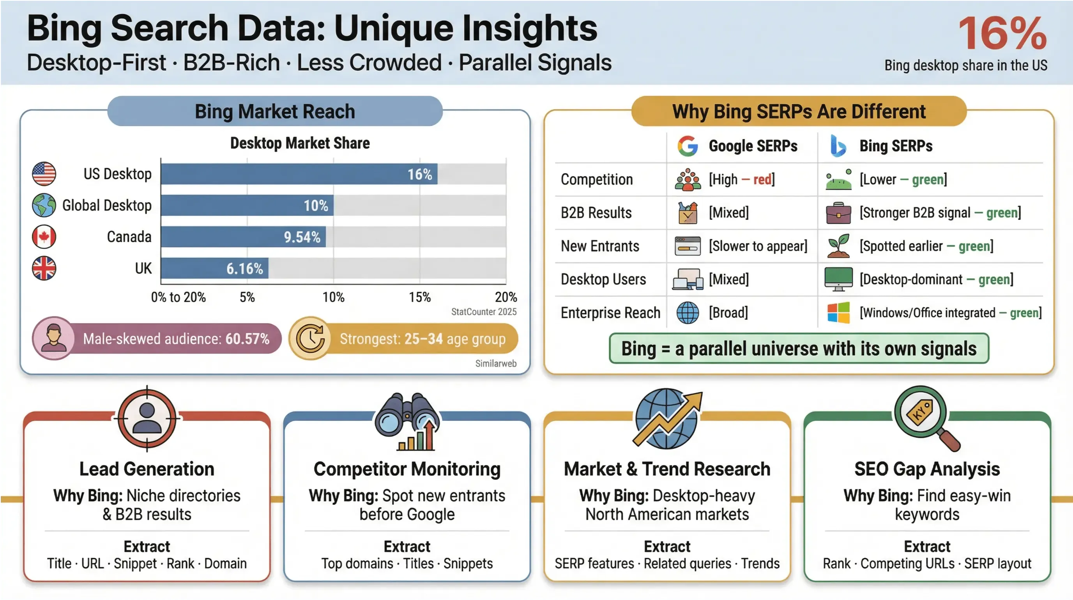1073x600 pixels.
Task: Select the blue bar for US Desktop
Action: [x=299, y=174]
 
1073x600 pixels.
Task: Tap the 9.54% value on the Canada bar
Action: [x=302, y=237]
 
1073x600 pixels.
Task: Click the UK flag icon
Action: [x=44, y=268]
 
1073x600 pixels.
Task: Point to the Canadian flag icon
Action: [x=44, y=237]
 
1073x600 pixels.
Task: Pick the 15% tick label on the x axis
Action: [x=419, y=297]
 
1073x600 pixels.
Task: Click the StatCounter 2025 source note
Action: [x=484, y=312]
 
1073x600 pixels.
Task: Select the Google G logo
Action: [x=687, y=146]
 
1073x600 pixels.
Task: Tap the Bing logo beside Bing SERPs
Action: [x=838, y=146]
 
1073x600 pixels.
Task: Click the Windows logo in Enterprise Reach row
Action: [x=838, y=313]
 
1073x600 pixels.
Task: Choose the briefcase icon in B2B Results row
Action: [x=838, y=212]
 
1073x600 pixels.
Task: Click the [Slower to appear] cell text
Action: [x=758, y=246]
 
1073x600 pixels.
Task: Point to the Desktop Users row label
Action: [x=603, y=279]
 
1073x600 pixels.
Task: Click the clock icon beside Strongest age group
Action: [x=310, y=338]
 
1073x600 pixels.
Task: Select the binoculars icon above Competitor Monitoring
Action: [x=407, y=421]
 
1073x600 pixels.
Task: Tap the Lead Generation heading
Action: [x=147, y=469]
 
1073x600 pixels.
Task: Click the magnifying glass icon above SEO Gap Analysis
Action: [x=926, y=418]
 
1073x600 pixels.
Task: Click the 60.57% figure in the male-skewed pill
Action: [x=247, y=339]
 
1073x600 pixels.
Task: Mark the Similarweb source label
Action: [x=496, y=363]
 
